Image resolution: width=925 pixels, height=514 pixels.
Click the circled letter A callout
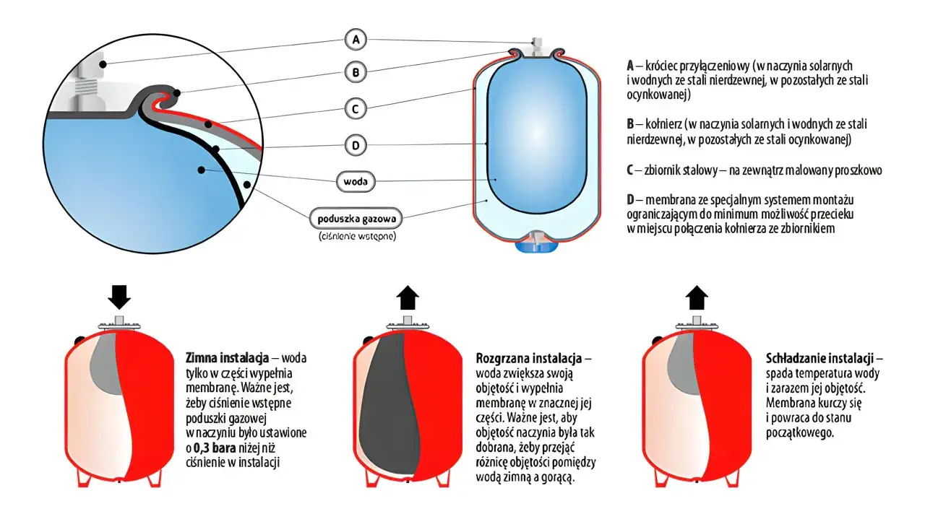[x=356, y=40]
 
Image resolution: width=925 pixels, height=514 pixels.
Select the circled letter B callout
[x=356, y=72]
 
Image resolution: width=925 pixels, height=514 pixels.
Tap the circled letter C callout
[x=356, y=109]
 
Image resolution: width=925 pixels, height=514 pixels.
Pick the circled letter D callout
[x=356, y=145]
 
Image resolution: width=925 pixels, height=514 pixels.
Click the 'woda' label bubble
[x=356, y=181]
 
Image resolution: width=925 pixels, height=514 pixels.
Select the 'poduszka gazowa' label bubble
[x=356, y=218]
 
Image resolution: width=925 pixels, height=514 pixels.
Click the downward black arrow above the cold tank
[x=119, y=297]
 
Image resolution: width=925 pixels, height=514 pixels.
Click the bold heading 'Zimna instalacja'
[x=227, y=357]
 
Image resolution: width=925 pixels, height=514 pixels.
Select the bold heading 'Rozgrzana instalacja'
[x=529, y=357]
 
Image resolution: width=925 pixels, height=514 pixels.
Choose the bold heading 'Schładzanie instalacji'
[x=819, y=357]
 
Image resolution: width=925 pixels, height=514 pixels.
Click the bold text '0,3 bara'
[x=215, y=448]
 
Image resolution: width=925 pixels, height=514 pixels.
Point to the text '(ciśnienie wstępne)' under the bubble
[x=357, y=236]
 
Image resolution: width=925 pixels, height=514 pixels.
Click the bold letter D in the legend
[x=630, y=200]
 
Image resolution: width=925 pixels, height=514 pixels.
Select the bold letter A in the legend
[x=630, y=66]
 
